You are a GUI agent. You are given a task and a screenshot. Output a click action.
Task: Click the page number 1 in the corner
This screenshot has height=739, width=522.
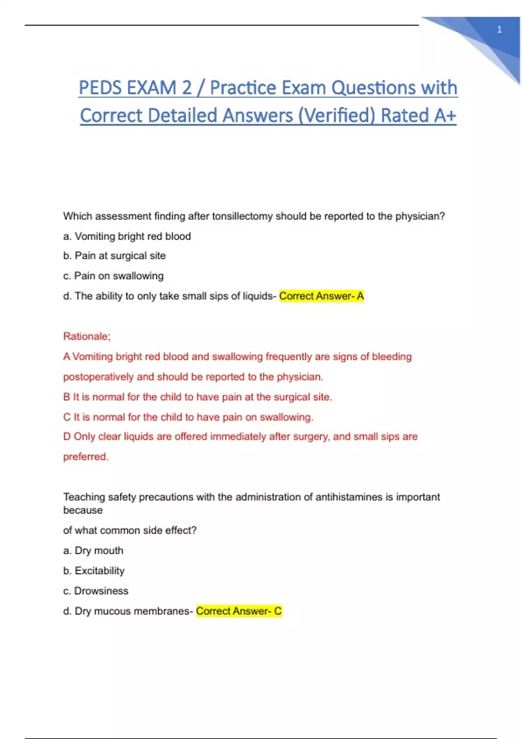point(499,30)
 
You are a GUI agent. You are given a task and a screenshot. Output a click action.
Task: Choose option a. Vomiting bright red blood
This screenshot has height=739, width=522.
point(127,236)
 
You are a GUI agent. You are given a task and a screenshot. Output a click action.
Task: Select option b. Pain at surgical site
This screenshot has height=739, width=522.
point(114,256)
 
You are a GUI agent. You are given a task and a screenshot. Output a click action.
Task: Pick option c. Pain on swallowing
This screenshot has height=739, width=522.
point(114,276)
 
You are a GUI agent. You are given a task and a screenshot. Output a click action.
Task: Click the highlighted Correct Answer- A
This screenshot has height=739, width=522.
point(321,296)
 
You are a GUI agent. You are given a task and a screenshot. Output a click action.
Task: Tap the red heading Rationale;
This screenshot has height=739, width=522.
point(87,336)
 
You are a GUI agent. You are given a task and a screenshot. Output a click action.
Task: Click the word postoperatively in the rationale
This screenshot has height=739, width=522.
point(98,376)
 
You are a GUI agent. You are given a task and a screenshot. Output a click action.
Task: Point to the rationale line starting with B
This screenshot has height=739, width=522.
point(197,397)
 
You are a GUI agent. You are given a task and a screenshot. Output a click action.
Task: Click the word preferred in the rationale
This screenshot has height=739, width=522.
point(85,456)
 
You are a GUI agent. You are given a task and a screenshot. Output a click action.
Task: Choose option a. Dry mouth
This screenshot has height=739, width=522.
point(94,550)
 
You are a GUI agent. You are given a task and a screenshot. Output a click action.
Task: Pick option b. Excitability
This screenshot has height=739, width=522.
point(94,570)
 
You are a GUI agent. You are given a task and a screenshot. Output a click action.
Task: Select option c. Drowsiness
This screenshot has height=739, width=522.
point(96,591)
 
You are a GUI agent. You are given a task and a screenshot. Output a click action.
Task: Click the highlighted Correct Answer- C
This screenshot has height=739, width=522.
point(239,611)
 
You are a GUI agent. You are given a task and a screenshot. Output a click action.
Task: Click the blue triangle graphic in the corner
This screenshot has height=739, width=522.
point(487,39)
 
